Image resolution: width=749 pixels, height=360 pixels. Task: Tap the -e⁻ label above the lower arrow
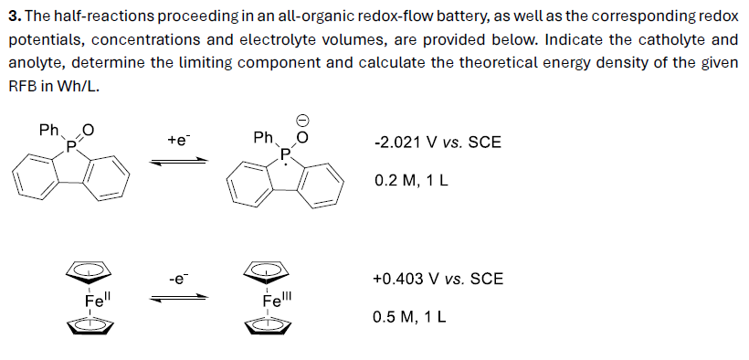(x=179, y=278)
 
